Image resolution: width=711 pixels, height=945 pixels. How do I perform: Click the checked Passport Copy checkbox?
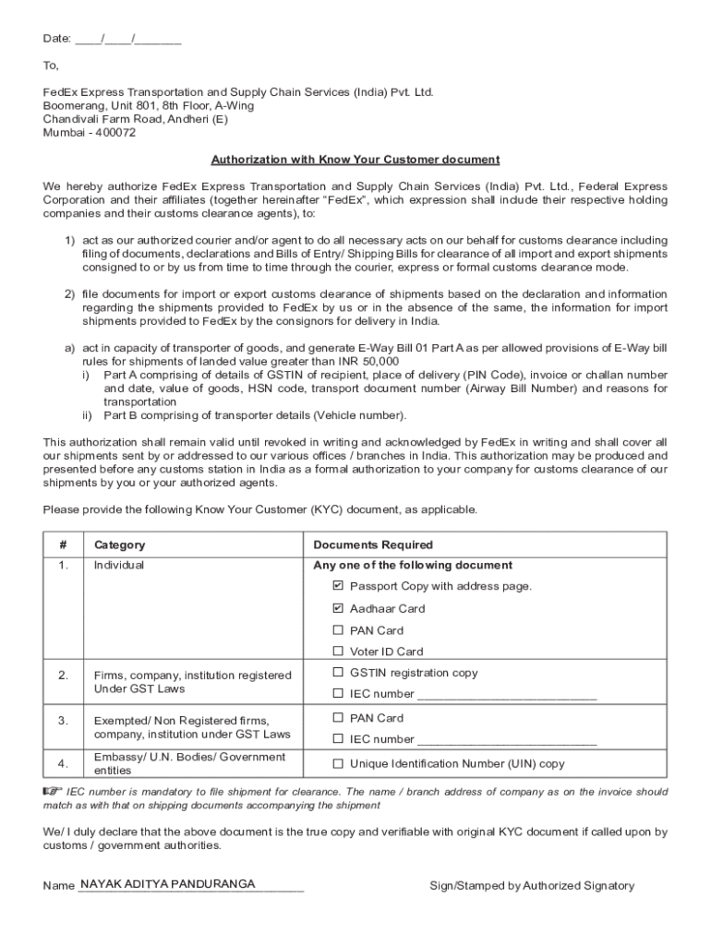[x=338, y=586]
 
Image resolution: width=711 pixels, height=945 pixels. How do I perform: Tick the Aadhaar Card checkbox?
[x=338, y=608]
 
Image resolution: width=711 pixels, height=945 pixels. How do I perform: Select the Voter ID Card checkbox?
[x=338, y=652]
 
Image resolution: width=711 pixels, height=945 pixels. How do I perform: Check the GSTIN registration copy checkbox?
[x=338, y=673]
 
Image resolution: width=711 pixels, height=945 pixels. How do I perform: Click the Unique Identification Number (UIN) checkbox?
[x=338, y=763]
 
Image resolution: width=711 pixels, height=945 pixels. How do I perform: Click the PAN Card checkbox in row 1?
[x=338, y=630]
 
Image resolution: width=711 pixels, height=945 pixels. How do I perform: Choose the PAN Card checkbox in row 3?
[x=338, y=717]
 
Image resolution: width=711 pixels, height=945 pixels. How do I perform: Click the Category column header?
[x=119, y=545]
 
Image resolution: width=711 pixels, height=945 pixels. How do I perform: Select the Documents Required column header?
[x=373, y=545]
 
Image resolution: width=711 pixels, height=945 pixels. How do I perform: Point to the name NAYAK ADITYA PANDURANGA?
[x=168, y=883]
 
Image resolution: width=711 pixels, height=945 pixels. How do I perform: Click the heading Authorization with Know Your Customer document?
[x=355, y=159]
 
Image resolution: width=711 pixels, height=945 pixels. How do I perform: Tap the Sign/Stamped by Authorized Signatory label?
[x=532, y=886]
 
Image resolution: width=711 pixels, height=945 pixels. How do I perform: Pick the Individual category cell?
[x=119, y=565]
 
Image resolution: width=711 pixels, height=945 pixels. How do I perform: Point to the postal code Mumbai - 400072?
[x=90, y=132]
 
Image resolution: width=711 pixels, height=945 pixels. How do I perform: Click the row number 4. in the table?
[x=63, y=763]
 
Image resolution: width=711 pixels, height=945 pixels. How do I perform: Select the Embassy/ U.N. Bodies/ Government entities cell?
[x=190, y=763]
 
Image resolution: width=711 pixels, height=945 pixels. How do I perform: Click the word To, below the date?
[x=51, y=66]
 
